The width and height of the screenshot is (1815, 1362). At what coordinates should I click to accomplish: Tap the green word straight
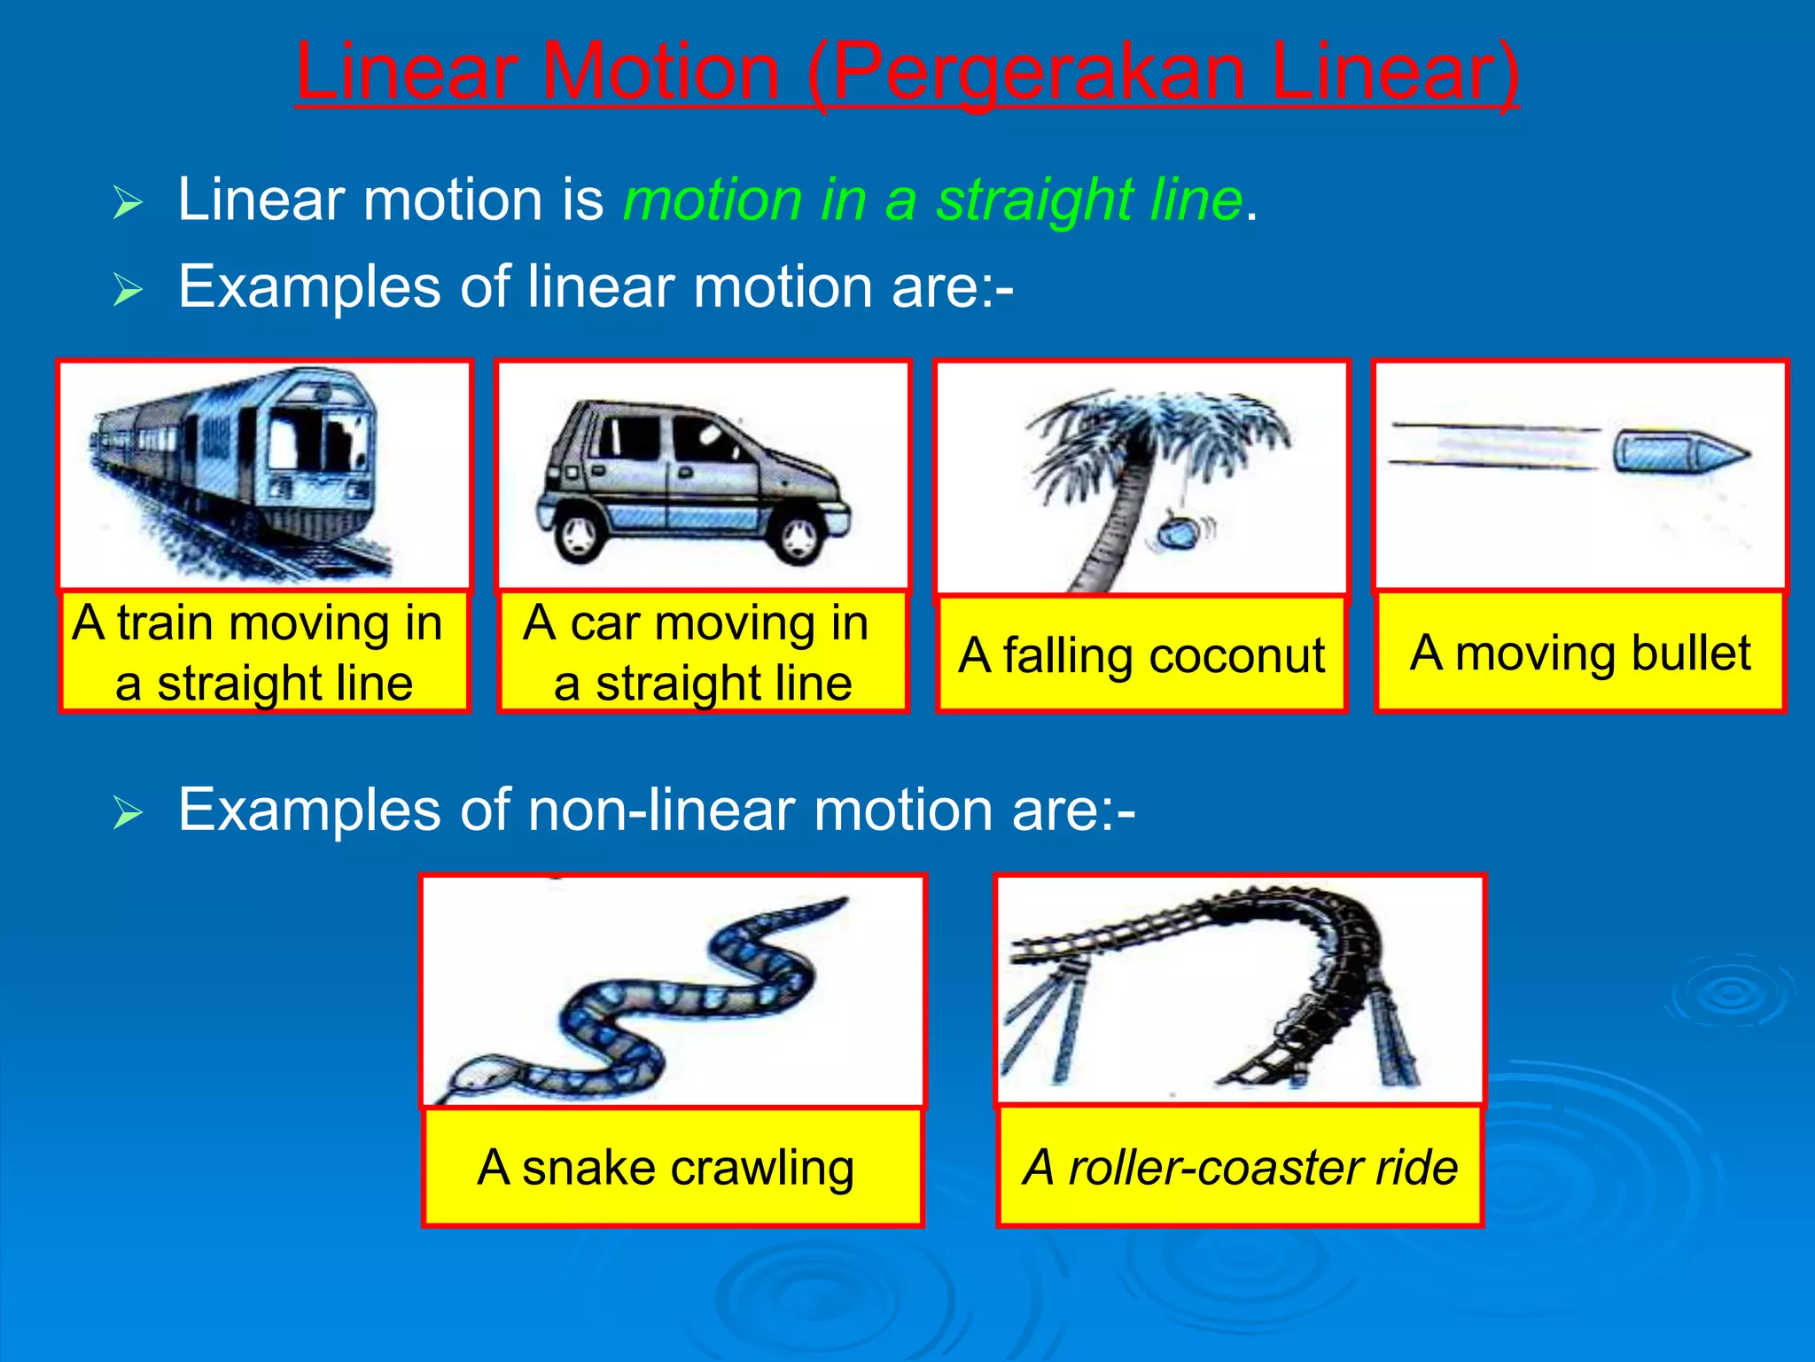[1033, 200]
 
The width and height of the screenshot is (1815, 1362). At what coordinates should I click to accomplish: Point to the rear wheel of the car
[580, 533]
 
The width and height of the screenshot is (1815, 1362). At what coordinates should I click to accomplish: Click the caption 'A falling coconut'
[1141, 655]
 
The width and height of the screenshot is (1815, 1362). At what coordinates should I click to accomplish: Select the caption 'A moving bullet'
[1580, 653]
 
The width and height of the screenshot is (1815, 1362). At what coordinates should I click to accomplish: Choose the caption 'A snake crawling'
[666, 1167]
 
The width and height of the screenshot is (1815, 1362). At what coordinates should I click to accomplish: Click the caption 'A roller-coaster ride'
[1240, 1167]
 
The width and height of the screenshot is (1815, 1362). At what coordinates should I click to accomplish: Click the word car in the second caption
[604, 622]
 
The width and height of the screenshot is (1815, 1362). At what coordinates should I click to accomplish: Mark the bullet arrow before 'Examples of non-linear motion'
[128, 812]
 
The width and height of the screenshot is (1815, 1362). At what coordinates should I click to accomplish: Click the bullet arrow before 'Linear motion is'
[128, 203]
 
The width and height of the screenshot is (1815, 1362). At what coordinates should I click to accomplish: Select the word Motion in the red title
[659, 73]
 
